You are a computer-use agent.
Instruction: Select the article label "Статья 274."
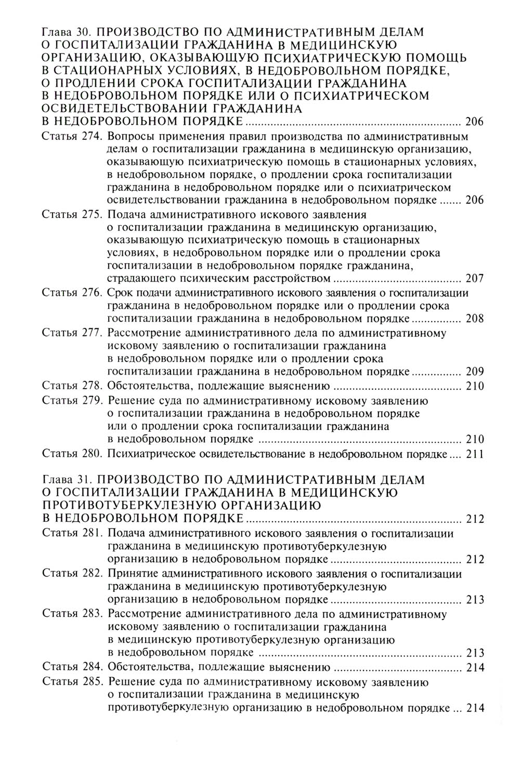72,137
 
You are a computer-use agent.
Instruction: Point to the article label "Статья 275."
72,214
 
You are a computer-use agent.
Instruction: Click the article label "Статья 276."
72,293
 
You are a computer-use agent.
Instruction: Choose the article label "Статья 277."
72,333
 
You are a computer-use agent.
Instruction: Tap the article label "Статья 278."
72,386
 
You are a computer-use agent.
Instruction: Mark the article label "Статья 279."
72,401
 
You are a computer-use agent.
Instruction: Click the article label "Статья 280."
72,454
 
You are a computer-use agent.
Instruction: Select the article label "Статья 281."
72,533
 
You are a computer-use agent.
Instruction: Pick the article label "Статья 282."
72,573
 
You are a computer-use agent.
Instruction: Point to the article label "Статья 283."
72,613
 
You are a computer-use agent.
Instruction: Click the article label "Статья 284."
72,667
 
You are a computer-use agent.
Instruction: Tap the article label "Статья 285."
72,681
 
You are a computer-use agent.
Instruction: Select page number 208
474,319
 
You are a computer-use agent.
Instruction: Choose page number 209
474,372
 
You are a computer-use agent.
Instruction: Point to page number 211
474,454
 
